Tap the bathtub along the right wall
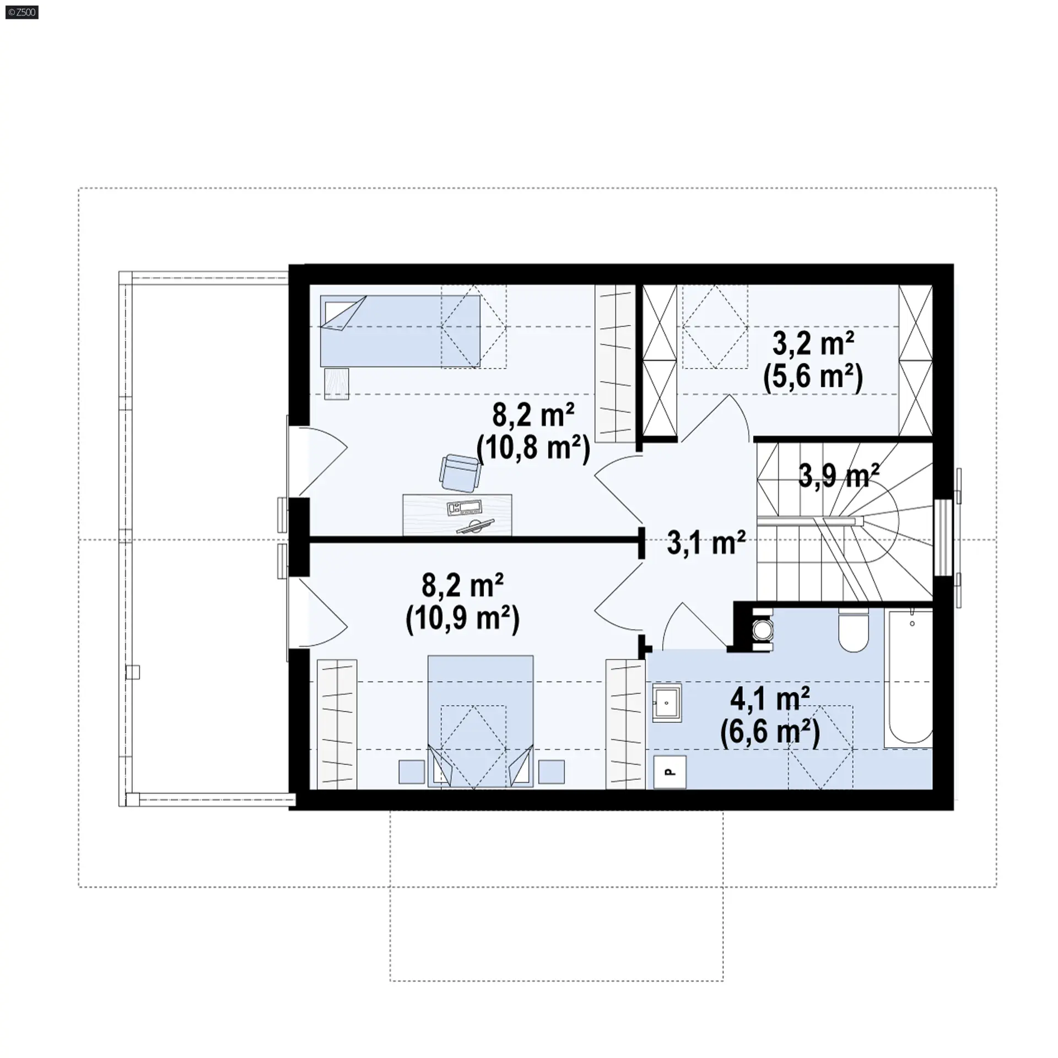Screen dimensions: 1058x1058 click(908, 678)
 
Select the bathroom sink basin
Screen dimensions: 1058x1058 click(667, 703)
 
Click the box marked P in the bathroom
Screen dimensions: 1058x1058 click(670, 772)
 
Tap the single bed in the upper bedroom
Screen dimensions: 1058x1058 click(400, 331)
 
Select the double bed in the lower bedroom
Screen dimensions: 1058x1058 click(481, 721)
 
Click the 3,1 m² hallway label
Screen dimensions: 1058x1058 click(706, 543)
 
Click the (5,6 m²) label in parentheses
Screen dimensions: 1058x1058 click(813, 379)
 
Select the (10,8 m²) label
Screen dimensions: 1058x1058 click(533, 450)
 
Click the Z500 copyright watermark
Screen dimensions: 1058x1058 click(22, 12)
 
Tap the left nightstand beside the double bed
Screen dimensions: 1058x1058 click(412, 772)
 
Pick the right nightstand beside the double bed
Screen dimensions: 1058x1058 click(551, 772)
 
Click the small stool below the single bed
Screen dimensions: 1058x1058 click(337, 384)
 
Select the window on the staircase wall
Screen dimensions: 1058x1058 click(943, 537)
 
